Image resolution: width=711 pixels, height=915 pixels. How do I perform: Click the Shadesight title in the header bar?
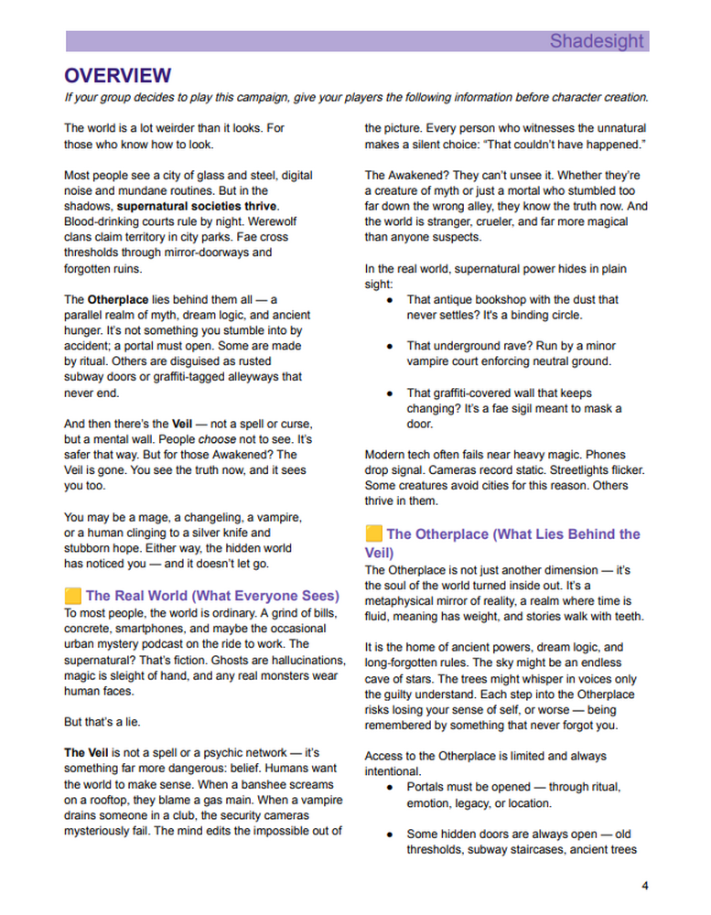597,41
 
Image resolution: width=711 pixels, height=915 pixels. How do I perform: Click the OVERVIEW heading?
117,75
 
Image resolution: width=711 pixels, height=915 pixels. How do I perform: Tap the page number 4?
645,886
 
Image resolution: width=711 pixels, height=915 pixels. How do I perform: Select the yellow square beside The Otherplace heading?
373,533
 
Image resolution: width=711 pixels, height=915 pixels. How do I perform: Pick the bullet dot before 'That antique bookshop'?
391,299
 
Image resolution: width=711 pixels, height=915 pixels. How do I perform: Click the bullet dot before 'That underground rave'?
391,347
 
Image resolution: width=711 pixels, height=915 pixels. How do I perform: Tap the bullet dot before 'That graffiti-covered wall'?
391,393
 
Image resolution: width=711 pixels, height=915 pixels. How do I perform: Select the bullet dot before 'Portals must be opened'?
391,787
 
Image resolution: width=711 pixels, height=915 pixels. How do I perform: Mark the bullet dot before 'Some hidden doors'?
391,834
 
